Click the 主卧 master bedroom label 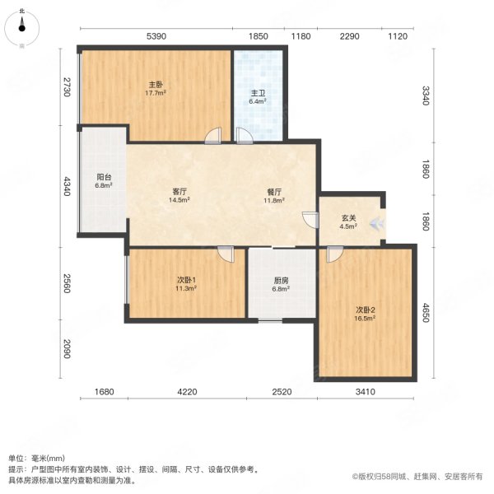pyautogui.click(x=156, y=84)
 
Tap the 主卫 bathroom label pyautogui.click(x=258, y=93)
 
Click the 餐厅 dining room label pyautogui.click(x=273, y=192)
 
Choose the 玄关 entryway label pyautogui.click(x=349, y=218)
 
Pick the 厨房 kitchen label pyautogui.click(x=281, y=280)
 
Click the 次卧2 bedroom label pyautogui.click(x=366, y=310)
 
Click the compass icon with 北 pyautogui.click(x=22, y=28)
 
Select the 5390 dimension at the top pyautogui.click(x=156, y=36)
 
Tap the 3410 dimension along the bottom pyautogui.click(x=366, y=392)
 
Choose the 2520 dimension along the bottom pyautogui.click(x=282, y=392)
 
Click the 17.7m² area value pyautogui.click(x=156, y=93)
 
